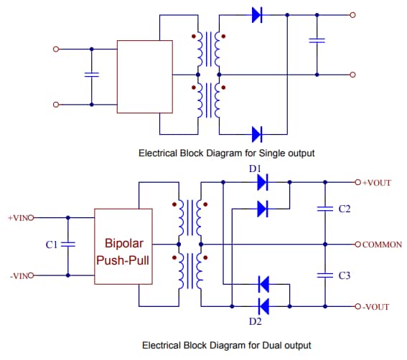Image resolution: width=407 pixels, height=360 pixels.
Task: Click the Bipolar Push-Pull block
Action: [x=123, y=246]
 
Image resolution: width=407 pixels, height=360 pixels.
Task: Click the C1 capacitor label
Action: [x=51, y=245]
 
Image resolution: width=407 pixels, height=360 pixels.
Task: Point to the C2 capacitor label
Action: [x=344, y=209]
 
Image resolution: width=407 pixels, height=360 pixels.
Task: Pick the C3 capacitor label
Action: [x=344, y=275]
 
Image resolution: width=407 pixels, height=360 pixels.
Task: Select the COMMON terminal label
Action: [x=382, y=245]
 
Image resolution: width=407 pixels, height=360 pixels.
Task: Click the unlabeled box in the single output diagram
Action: [x=144, y=77]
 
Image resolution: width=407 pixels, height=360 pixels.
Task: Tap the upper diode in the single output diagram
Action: [x=258, y=15]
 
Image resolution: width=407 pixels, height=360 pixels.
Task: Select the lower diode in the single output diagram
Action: [x=258, y=133]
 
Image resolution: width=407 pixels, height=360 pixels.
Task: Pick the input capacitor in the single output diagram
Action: [x=91, y=75]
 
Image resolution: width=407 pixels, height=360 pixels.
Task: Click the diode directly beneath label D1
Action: [x=262, y=183]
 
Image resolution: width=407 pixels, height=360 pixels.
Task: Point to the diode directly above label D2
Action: [x=262, y=306]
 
